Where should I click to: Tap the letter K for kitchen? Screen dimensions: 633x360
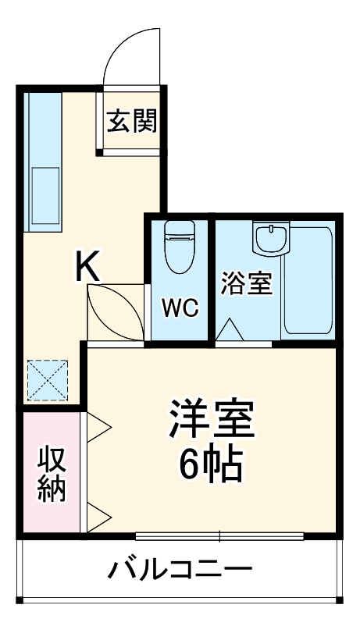pyautogui.click(x=87, y=268)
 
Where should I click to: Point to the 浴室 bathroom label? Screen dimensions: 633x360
pyautogui.click(x=246, y=283)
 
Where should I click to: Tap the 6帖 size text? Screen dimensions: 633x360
pyautogui.click(x=211, y=466)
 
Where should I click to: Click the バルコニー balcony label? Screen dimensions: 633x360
pyautogui.click(x=180, y=568)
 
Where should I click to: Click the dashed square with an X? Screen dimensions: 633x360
pyautogui.click(x=48, y=379)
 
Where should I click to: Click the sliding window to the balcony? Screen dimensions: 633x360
pyautogui.click(x=219, y=536)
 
